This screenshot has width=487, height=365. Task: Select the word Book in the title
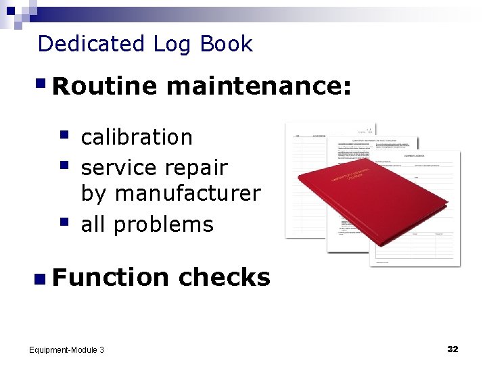click(x=227, y=44)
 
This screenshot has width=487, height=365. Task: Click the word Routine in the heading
click(x=104, y=86)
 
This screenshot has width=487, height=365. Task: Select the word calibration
click(x=137, y=137)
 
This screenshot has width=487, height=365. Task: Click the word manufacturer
click(x=187, y=194)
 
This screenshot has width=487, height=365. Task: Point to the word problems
click(x=164, y=224)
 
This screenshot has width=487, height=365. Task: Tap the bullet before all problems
click(x=64, y=221)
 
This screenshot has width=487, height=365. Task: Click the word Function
click(x=110, y=277)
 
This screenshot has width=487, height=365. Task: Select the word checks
click(x=225, y=277)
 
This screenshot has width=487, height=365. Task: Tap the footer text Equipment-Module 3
click(x=66, y=349)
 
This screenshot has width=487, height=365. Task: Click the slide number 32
click(x=453, y=349)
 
